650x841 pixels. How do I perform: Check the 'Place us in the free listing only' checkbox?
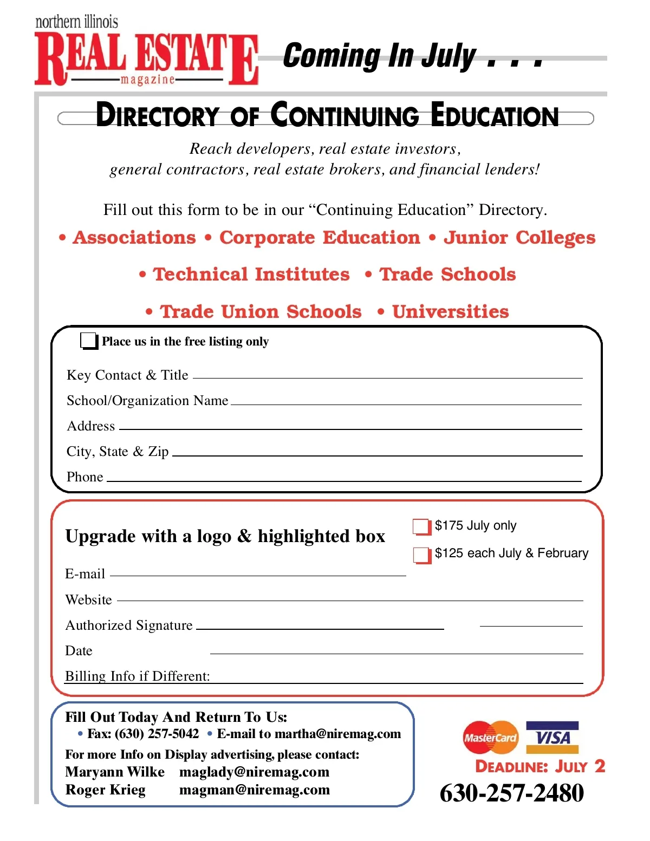pos(88,341)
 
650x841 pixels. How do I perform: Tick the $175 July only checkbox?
pos(421,526)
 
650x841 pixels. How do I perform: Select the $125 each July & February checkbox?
pos(421,555)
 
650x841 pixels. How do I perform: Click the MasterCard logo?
pos(490,738)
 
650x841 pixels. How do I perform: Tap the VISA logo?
pos(552,738)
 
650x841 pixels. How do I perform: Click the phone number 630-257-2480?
pos(511,793)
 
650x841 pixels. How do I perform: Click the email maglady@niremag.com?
pos(254,772)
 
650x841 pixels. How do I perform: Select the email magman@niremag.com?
pos(254,790)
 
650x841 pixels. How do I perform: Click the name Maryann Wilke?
pos(115,772)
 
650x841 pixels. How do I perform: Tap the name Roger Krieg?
pos(105,790)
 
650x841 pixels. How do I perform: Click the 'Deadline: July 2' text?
pos(540,767)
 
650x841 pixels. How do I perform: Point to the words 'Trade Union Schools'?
pos(261,312)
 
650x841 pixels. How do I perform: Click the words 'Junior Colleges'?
pos(519,238)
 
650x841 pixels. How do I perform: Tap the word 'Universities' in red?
pos(450,312)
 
